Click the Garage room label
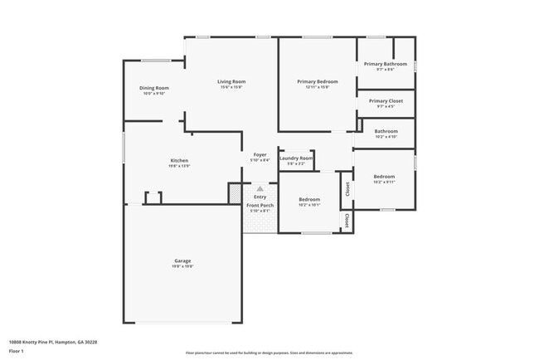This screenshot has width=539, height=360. [182, 261]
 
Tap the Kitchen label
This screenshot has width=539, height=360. [179, 160]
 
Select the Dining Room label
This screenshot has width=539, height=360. [154, 88]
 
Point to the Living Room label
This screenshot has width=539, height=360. [231, 81]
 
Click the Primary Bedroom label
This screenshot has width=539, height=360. [317, 81]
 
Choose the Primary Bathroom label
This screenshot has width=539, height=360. [386, 64]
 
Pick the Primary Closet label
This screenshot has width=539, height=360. [386, 100]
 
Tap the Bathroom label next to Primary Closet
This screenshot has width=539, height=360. [386, 131]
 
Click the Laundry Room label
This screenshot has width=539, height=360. [296, 158]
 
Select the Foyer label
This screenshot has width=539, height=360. [260, 154]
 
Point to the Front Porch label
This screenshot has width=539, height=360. [260, 205]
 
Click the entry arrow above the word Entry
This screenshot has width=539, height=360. [260, 188]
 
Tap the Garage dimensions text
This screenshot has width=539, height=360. [182, 267]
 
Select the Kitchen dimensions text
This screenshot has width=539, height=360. [179, 166]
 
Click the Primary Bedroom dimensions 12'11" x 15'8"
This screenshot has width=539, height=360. [317, 87]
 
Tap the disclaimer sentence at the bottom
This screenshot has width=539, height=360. [269, 353]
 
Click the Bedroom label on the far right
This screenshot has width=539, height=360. [384, 176]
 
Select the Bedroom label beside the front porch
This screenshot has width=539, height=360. [309, 199]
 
